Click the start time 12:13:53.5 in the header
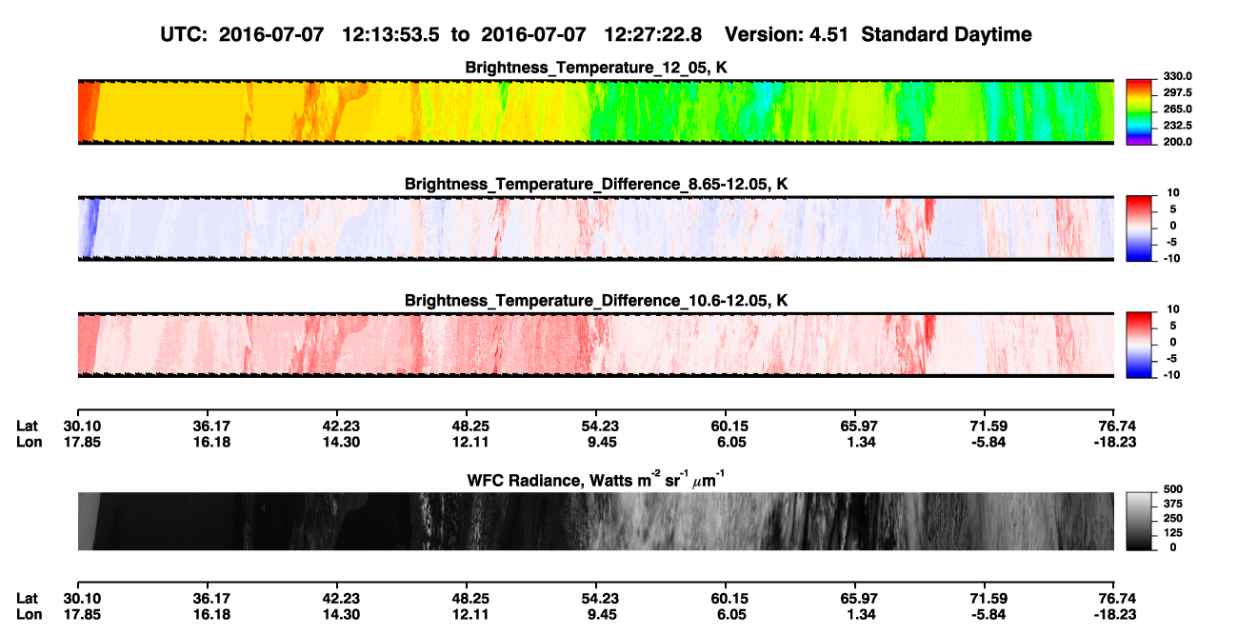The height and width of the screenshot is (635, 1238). pyautogui.click(x=390, y=35)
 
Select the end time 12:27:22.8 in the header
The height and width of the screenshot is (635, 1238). pyautogui.click(x=652, y=35)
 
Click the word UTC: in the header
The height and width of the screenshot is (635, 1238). pyautogui.click(x=184, y=35)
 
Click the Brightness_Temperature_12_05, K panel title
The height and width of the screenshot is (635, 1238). pyautogui.click(x=596, y=68)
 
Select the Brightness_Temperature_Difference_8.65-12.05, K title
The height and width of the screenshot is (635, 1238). pyautogui.click(x=596, y=184)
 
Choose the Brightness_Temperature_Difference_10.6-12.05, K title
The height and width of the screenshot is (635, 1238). pyautogui.click(x=596, y=301)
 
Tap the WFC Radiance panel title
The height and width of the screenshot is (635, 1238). pyautogui.click(x=595, y=480)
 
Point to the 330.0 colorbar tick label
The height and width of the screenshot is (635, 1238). pyautogui.click(x=1177, y=76)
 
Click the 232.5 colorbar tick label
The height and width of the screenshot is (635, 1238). pyautogui.click(x=1177, y=126)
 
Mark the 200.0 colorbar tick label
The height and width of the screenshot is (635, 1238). pyautogui.click(x=1177, y=142)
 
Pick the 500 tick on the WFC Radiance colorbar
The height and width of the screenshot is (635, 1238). pyautogui.click(x=1172, y=489)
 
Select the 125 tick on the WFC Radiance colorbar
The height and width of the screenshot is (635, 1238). pyautogui.click(x=1172, y=533)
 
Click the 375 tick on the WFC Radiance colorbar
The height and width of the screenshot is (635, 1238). pyautogui.click(x=1172, y=504)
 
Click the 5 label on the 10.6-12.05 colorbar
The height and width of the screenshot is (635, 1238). pyautogui.click(x=1173, y=326)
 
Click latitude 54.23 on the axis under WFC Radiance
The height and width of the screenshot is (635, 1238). pyautogui.click(x=600, y=599)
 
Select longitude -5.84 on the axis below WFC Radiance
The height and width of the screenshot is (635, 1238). pyautogui.click(x=988, y=615)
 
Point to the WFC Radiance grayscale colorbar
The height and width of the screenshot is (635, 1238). pyautogui.click(x=1139, y=521)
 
